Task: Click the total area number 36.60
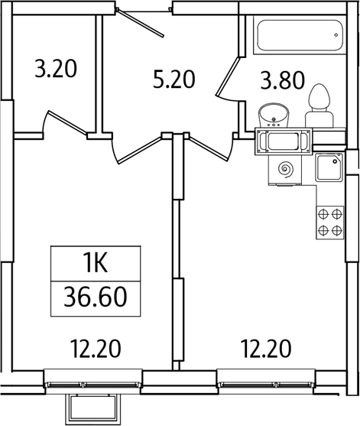click(95, 294)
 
